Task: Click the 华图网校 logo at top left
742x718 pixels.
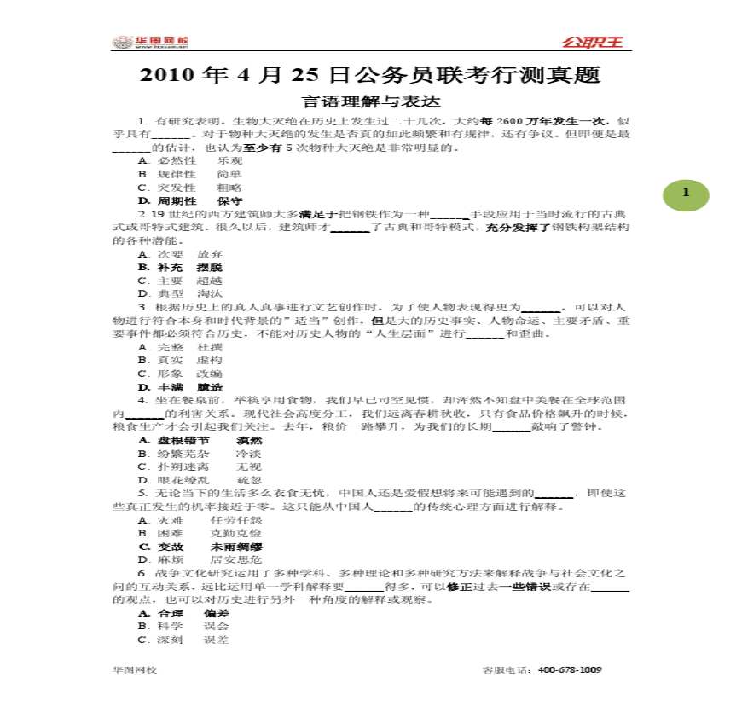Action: pos(151,42)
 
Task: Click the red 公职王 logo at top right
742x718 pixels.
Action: pos(592,42)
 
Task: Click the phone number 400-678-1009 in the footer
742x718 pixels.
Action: pos(571,670)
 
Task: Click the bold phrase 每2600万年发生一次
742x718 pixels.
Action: pos(507,122)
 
